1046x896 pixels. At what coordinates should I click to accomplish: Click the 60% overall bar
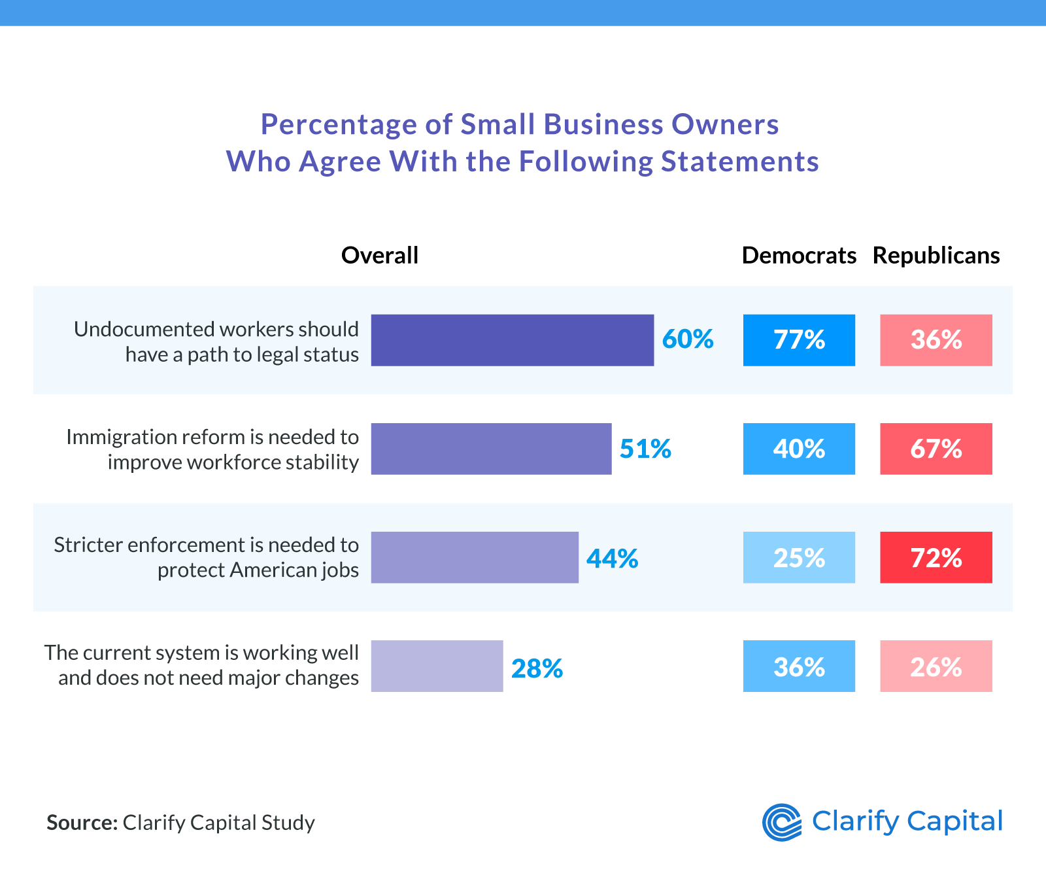point(512,340)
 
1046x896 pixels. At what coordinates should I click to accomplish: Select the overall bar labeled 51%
point(491,449)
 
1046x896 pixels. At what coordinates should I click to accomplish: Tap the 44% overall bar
point(475,557)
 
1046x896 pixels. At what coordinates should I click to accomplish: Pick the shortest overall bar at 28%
point(437,666)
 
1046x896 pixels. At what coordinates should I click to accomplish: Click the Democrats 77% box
point(799,340)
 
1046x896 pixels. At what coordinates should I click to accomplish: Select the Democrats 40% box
point(799,449)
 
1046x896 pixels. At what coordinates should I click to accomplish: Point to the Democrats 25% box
point(799,557)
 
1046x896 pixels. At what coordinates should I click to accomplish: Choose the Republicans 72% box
point(936,557)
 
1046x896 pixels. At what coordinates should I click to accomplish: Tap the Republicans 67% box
point(936,449)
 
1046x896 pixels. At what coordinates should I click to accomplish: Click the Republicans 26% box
point(936,666)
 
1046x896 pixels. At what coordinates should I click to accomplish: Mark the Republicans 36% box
point(936,340)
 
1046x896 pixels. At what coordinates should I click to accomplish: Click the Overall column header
point(380,256)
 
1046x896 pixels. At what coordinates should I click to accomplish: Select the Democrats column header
point(799,256)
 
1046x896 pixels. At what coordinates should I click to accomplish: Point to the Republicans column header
point(936,256)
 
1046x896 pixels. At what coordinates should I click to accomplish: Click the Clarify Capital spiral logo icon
point(782,822)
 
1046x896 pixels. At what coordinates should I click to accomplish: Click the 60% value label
point(688,339)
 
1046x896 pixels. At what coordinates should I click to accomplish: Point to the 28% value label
point(537,668)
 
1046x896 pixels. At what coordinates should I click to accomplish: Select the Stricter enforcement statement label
point(206,557)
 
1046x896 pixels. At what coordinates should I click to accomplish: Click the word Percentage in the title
point(339,124)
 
